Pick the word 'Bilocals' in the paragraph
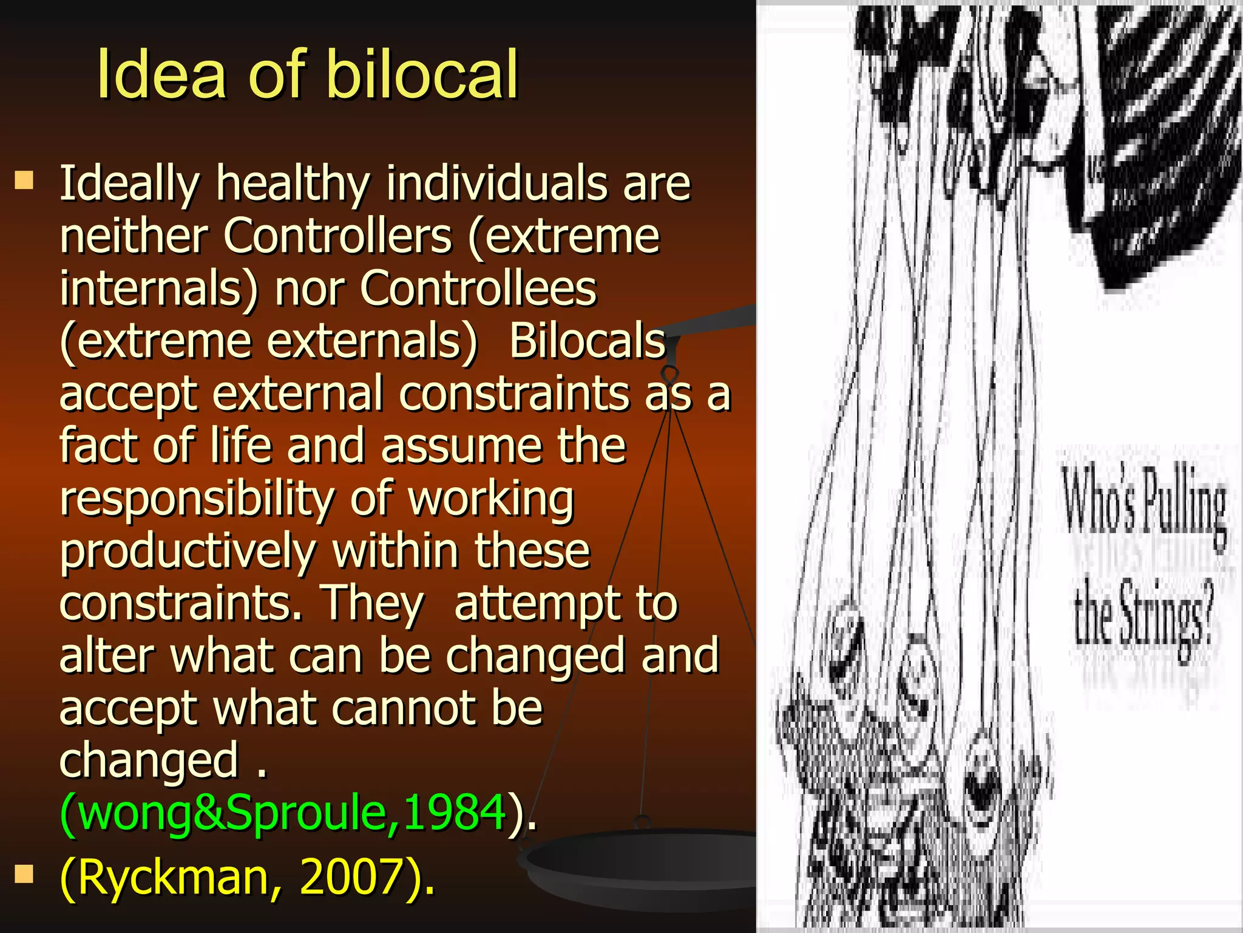point(587,341)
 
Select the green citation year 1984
point(454,812)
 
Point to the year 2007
point(351,877)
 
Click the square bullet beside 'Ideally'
point(24,180)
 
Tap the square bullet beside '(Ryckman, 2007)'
point(24,874)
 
